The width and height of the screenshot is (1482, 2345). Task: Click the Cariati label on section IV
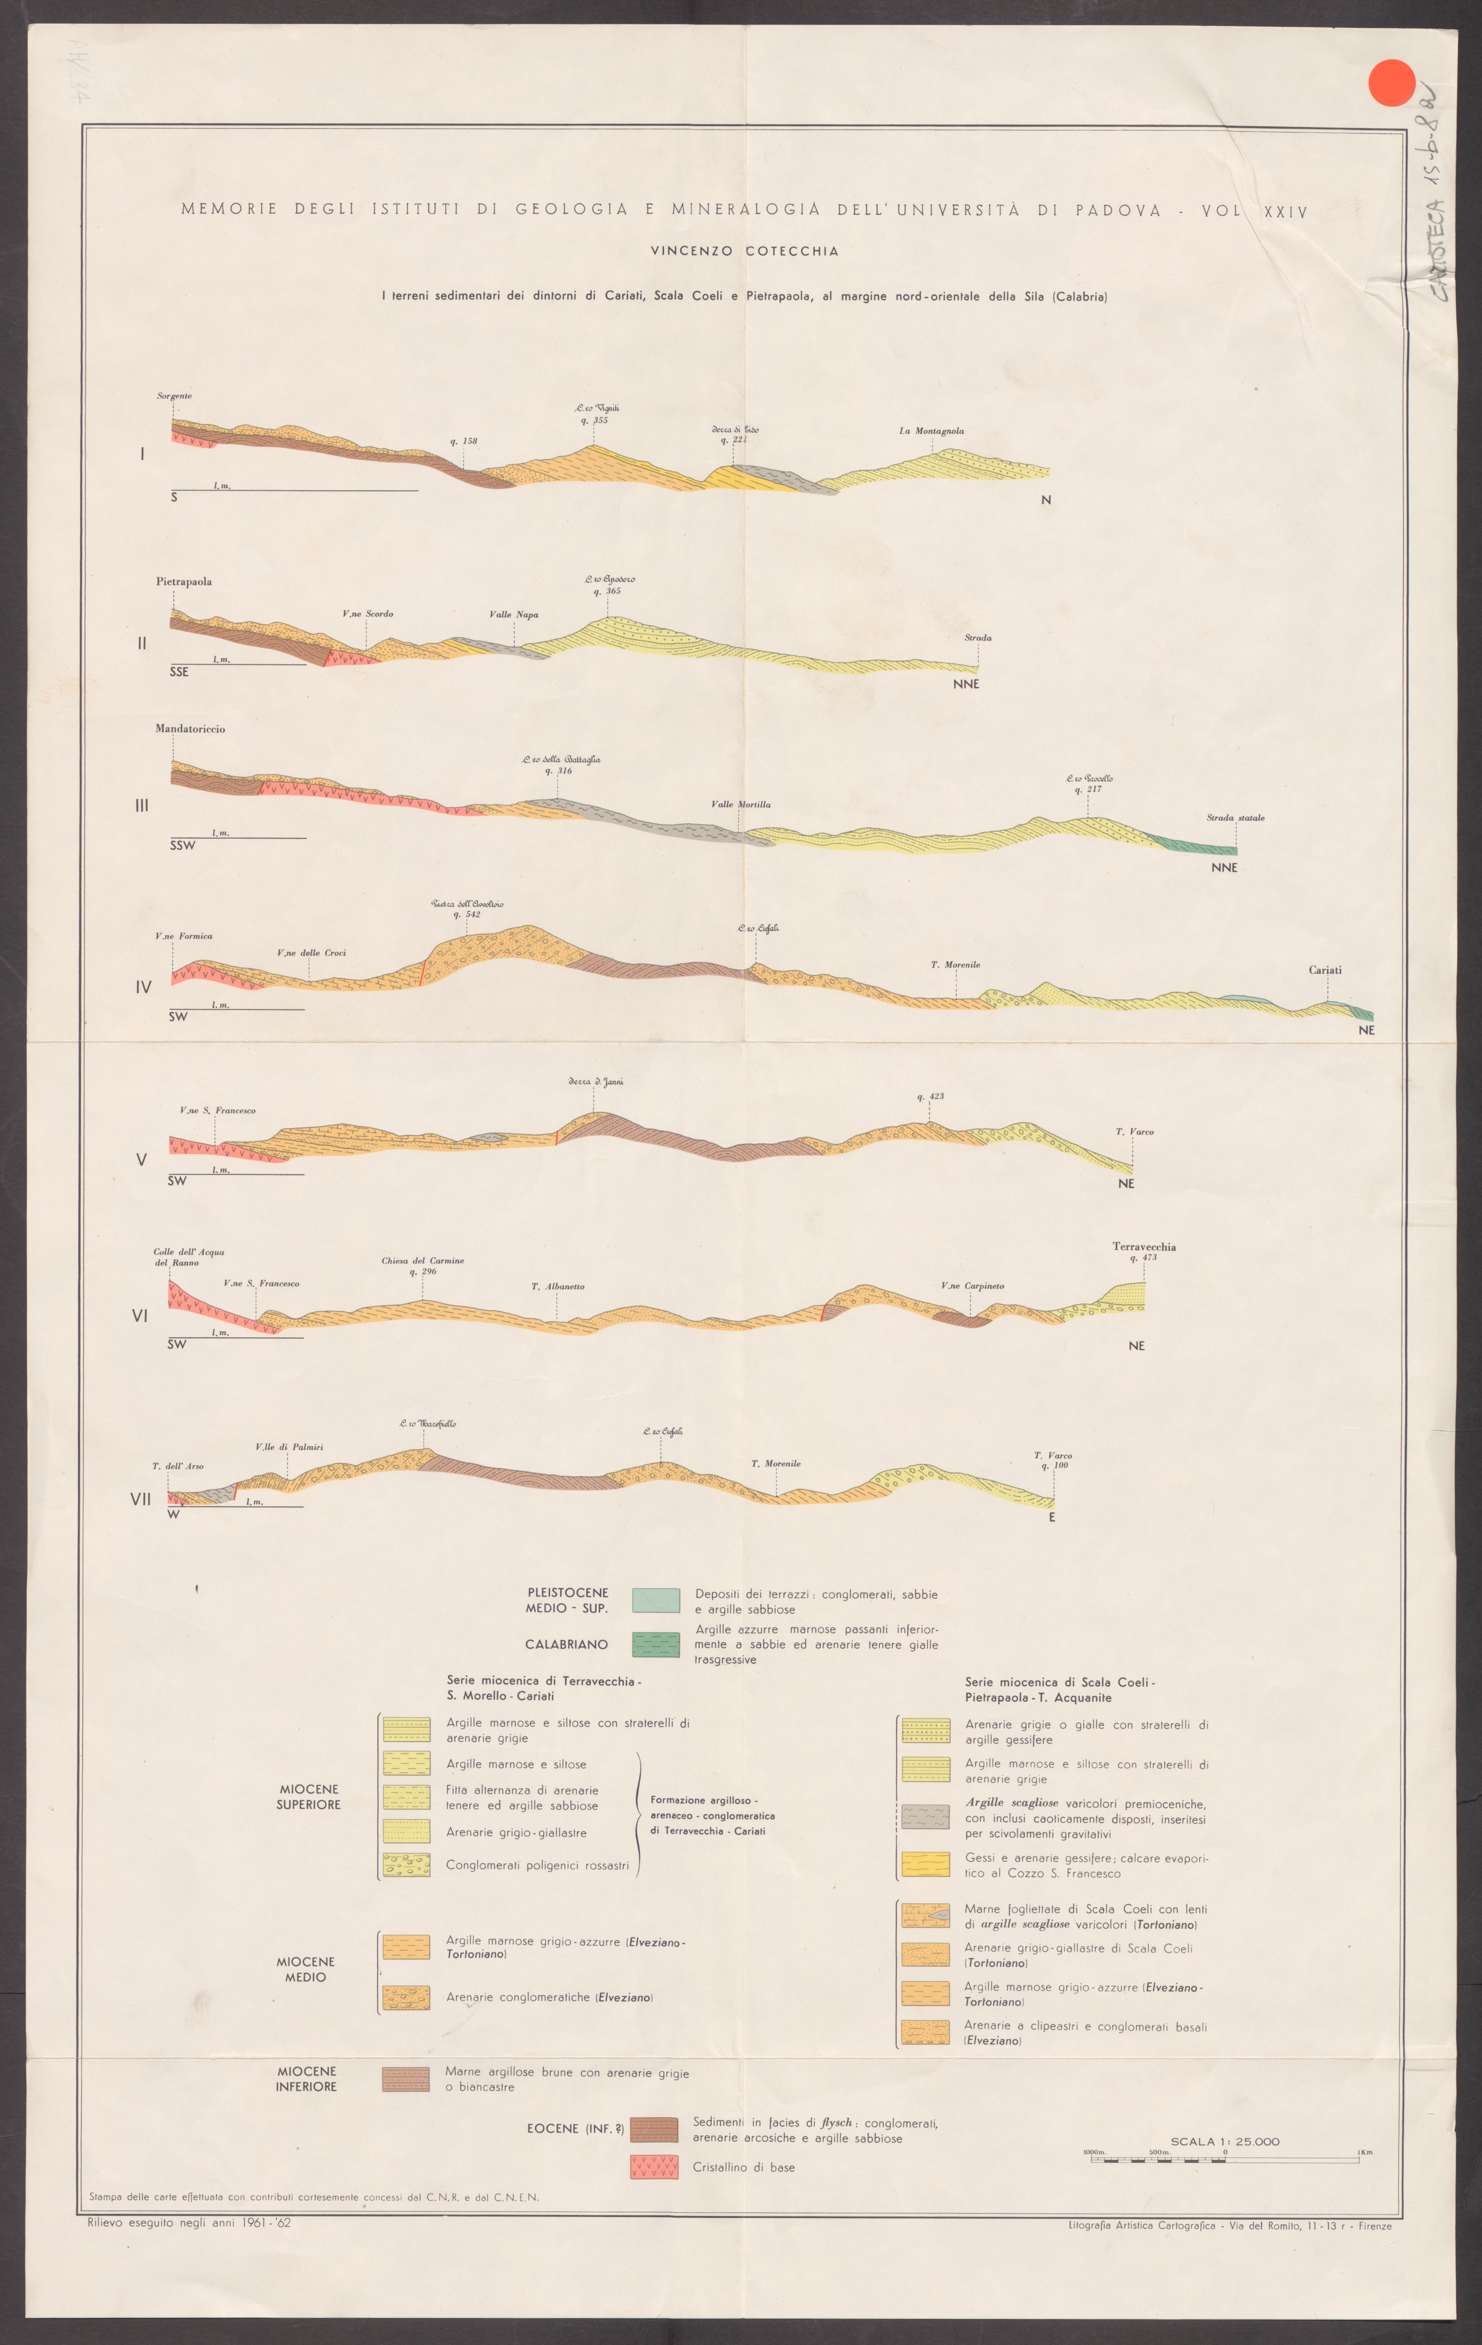[1324, 970]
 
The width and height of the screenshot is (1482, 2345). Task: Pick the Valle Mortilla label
[740, 804]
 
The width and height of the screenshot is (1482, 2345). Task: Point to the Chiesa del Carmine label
[423, 1260]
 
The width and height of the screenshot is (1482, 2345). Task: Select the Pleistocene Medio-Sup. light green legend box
[655, 1600]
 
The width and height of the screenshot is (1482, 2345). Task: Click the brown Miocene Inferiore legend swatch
[405, 2079]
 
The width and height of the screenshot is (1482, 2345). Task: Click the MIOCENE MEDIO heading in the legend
[306, 1969]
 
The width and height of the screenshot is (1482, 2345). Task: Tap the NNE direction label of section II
[966, 684]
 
